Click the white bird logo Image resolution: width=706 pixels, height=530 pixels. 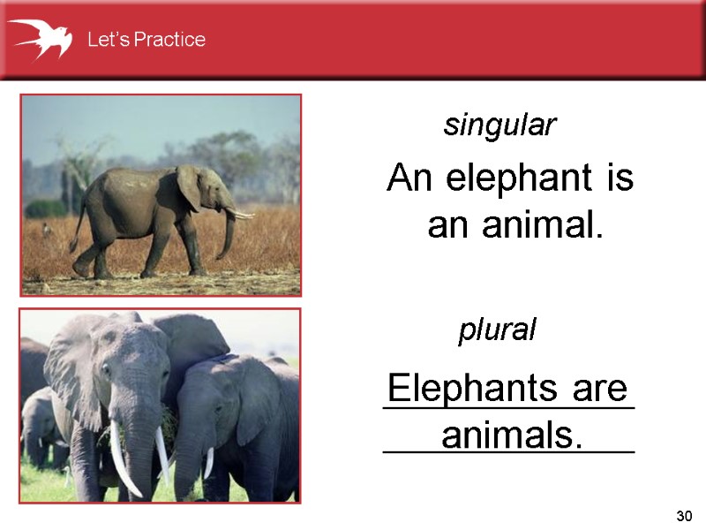(x=40, y=38)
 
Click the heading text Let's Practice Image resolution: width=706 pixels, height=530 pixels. (x=146, y=40)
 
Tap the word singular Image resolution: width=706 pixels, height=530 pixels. (x=499, y=126)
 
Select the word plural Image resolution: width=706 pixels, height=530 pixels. (x=497, y=331)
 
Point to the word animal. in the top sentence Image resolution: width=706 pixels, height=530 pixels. (x=542, y=226)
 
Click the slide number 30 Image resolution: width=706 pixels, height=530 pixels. (x=681, y=515)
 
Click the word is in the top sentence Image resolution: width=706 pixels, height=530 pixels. (x=620, y=179)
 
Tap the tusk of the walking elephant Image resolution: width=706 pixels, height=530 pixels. (x=240, y=213)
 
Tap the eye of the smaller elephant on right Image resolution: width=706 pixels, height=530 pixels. (x=218, y=410)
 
